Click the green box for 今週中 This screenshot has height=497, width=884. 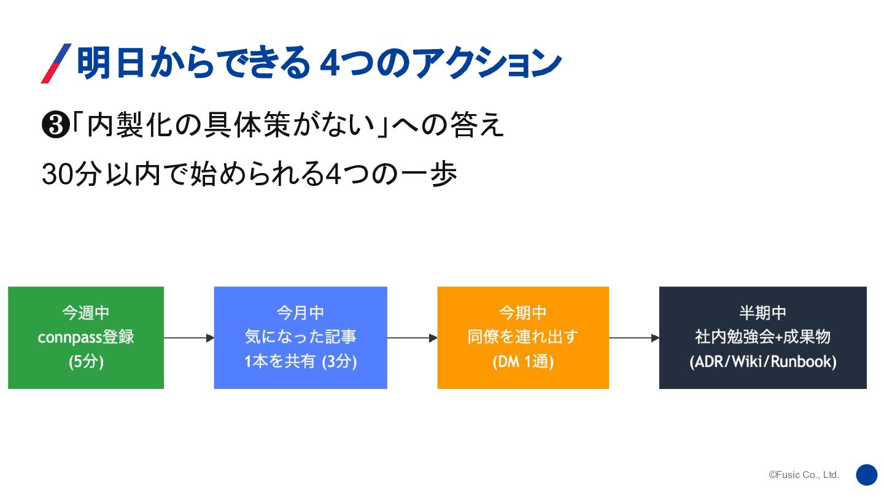pos(86,337)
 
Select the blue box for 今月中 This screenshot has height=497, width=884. pos(300,337)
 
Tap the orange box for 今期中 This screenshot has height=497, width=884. pos(523,337)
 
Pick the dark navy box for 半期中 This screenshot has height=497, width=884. pos(762,337)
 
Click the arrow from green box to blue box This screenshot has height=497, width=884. pos(189,338)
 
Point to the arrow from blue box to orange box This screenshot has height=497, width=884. pos(412,338)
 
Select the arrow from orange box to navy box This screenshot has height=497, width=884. pos(634,338)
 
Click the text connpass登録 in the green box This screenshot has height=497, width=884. pos(86,337)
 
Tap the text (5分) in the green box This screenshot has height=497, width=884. pos(86,362)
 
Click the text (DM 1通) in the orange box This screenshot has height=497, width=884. pos(523,362)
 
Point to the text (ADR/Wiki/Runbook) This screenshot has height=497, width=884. pos(762,362)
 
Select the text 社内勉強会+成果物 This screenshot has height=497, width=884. pos(762,337)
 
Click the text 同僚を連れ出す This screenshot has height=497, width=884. pos(523,337)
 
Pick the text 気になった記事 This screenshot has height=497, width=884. pos(300,337)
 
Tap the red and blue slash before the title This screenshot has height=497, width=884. pos(56,63)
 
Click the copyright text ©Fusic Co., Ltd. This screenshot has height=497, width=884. pos(804,475)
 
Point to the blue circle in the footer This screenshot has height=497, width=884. pos(867,475)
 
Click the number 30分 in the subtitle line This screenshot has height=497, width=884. pos(67,174)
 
